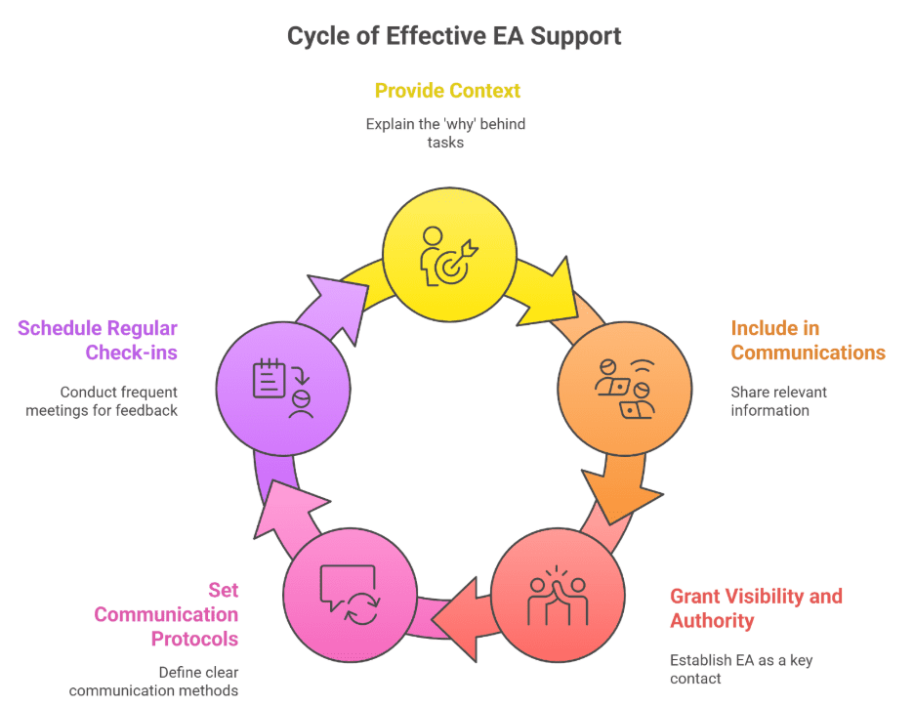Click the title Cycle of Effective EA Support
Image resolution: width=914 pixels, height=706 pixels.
point(453,36)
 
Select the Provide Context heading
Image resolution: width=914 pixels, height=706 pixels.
point(447,91)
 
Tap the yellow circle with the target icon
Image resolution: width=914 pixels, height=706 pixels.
point(448,253)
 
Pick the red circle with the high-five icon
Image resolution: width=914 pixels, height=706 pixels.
point(558,596)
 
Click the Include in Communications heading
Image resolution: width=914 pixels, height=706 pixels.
point(808,340)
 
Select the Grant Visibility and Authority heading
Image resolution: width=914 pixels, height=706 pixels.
point(755,608)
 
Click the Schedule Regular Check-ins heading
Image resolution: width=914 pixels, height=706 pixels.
point(99,340)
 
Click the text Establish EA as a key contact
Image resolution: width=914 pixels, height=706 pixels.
point(740,669)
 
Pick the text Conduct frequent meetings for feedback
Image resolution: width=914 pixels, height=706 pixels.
point(103,401)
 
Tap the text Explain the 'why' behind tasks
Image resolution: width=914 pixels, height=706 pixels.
point(445,133)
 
